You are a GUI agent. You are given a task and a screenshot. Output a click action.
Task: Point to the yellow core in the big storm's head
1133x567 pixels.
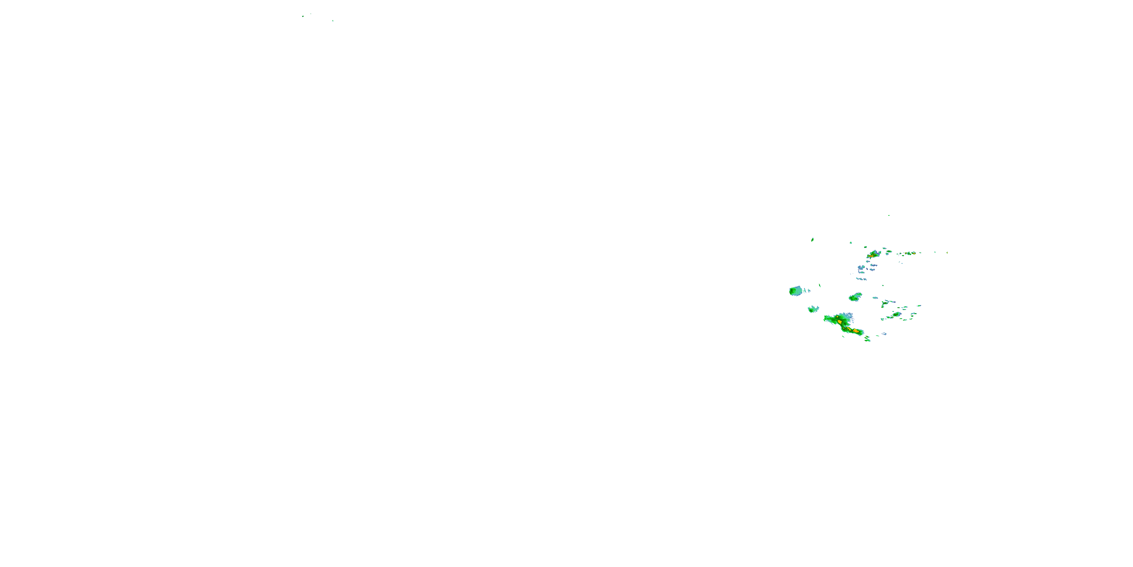click(840, 322)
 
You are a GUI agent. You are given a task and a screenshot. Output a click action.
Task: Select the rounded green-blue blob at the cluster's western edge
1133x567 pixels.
click(795, 291)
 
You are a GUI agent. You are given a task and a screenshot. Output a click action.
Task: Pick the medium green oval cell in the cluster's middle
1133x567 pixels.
click(855, 297)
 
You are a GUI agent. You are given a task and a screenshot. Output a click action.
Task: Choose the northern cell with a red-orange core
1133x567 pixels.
click(873, 254)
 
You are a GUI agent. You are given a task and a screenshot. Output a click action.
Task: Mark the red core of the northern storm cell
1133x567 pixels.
click(871, 256)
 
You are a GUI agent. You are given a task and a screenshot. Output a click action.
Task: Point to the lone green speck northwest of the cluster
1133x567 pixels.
click(812, 240)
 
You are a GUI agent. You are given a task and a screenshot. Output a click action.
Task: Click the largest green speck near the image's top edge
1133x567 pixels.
click(303, 16)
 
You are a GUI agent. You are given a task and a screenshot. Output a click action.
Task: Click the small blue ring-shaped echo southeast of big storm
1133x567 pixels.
click(884, 334)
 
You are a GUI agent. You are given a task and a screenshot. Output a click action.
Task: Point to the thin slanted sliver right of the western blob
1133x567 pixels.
click(820, 285)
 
